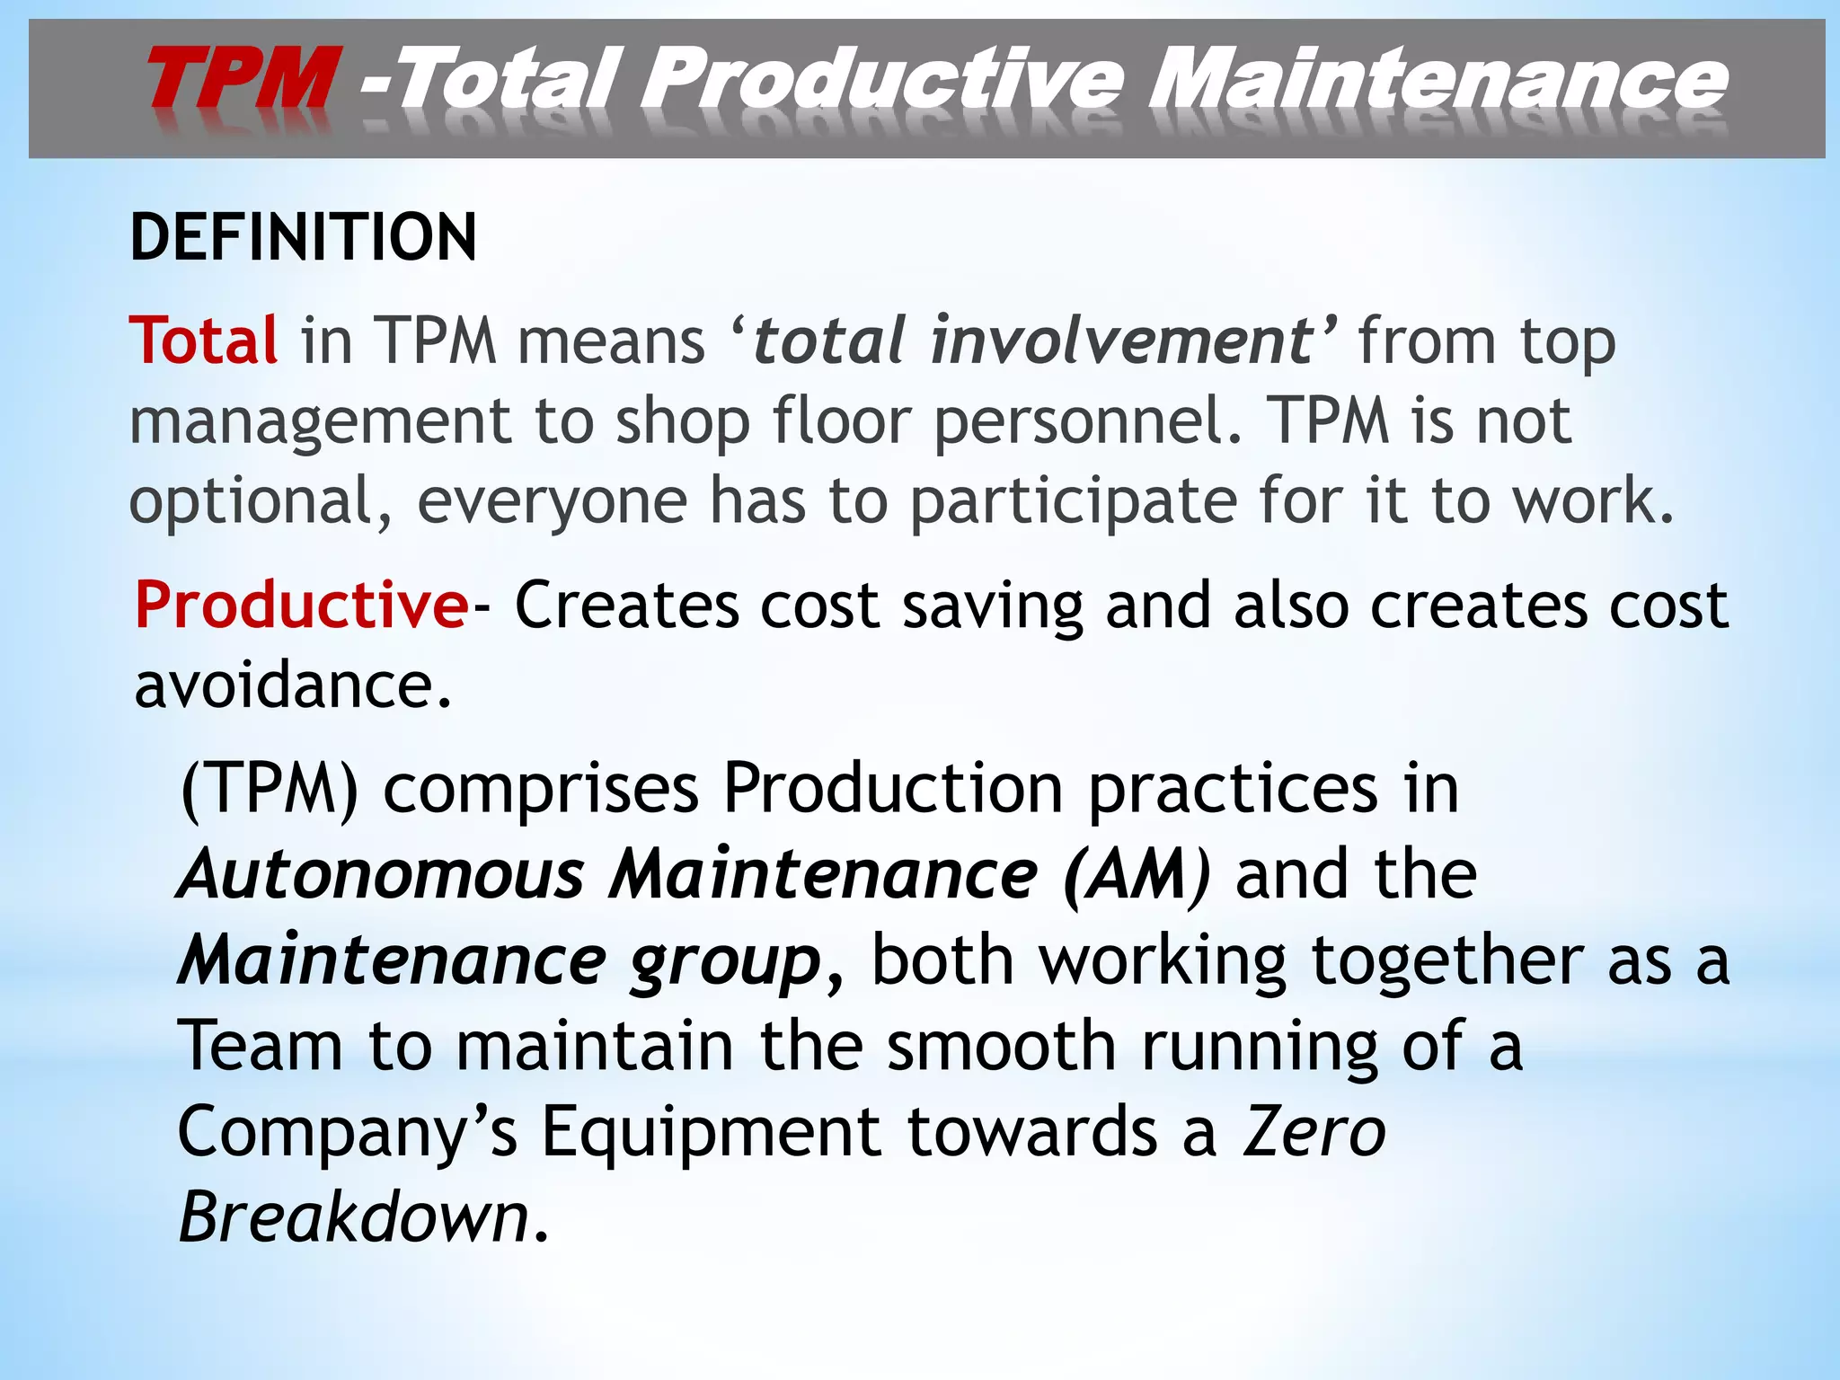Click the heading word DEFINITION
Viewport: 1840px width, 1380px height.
304,238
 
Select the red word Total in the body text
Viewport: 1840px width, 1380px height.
204,341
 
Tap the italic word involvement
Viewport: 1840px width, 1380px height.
1121,341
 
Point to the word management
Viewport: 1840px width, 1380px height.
320,422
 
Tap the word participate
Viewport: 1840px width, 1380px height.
1074,501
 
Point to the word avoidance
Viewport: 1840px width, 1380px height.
292,686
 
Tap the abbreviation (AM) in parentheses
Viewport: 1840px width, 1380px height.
1136,874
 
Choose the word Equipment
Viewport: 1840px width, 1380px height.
712,1132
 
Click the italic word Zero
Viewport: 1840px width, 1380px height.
1314,1132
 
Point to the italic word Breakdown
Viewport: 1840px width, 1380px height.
355,1217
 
